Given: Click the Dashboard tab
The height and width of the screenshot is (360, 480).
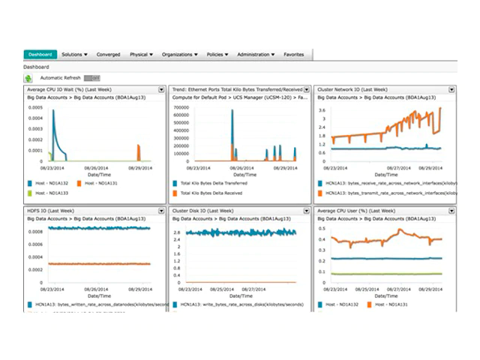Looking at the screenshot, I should coord(40,55).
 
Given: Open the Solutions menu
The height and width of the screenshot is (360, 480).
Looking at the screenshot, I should coord(75,55).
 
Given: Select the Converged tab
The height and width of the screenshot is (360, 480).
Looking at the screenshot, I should coord(108,55).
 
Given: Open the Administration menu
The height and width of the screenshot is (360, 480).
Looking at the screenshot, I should coord(256,55).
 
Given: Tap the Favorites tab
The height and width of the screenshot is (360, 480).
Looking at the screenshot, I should coord(294,55).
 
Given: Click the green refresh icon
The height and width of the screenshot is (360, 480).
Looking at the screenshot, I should coord(28,77).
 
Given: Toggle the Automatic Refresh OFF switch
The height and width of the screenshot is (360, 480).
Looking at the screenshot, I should coord(91,77).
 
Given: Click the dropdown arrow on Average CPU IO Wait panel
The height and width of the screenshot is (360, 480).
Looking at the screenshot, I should coord(161,89).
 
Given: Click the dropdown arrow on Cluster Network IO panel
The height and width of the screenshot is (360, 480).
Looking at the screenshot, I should coord(452,89).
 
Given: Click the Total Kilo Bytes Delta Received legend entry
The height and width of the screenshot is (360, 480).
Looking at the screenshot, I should coord(212,193).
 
